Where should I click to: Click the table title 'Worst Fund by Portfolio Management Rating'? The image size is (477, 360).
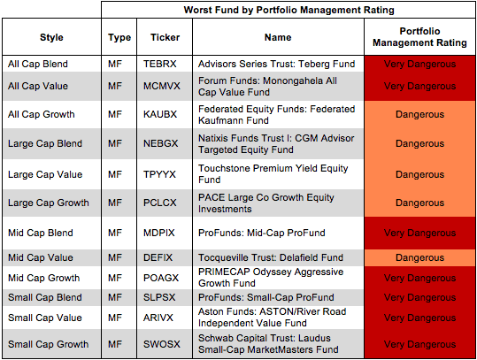pos(289,10)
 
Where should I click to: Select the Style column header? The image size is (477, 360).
pos(51,37)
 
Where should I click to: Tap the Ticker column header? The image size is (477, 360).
pos(165,37)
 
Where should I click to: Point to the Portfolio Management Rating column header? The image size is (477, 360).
pos(419,37)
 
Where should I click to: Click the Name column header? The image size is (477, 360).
pos(278,37)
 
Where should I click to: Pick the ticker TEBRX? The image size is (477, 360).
pos(159,64)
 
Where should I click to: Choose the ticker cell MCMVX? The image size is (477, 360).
pos(162,86)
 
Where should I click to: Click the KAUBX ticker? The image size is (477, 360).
pos(160,114)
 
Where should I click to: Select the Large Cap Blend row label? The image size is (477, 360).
pos(45,143)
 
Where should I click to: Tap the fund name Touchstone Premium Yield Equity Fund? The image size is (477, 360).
pos(273,174)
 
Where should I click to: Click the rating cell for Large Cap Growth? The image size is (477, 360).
pos(419,203)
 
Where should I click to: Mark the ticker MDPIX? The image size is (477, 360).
pos(158,233)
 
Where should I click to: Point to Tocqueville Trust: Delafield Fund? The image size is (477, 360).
pos(271,258)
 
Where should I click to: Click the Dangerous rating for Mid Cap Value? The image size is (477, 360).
pos(419,258)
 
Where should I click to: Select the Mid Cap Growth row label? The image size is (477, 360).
pos(44,278)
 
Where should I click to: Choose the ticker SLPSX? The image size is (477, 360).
pos(159,297)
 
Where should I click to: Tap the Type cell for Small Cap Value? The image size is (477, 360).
pos(115,318)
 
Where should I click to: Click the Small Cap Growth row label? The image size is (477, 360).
pos(48,344)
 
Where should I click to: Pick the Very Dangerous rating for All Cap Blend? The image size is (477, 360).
pos(419,64)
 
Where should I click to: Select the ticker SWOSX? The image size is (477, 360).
pos(162,344)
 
